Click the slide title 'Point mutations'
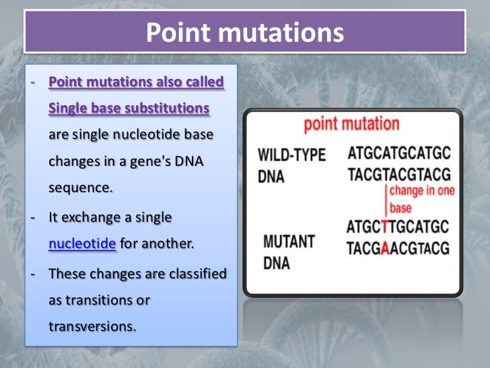tap(244, 33)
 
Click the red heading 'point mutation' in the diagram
tap(351, 125)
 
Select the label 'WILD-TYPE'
tap(291, 155)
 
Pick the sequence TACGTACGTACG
tap(398, 175)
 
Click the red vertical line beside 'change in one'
tap(386, 199)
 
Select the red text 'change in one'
tap(423, 191)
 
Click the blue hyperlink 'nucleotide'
tap(83, 244)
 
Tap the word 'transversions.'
tap(92, 326)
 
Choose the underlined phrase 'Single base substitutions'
tap(129, 109)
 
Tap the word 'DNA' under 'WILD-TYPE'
tap(272, 177)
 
